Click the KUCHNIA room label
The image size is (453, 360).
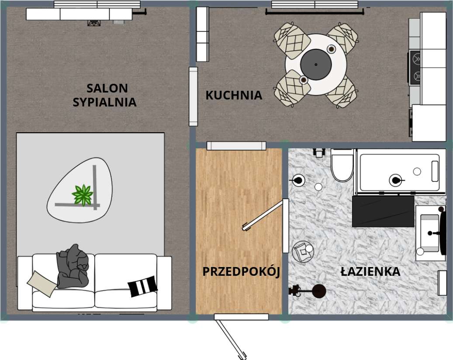click(234, 95)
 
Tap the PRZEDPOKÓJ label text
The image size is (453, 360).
click(241, 271)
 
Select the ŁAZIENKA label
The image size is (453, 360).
click(370, 271)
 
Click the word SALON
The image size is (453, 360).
click(107, 88)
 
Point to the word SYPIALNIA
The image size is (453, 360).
click(104, 103)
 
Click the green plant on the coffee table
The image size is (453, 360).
click(83, 195)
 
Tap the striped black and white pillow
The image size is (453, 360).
click(142, 286)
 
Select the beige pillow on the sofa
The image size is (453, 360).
click(42, 283)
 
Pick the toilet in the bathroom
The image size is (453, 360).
click(342, 166)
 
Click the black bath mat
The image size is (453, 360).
click(383, 211)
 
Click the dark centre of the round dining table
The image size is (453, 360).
click(316, 65)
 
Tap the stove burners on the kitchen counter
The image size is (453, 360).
click(415, 67)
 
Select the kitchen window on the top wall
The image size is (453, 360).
click(315, 4)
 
